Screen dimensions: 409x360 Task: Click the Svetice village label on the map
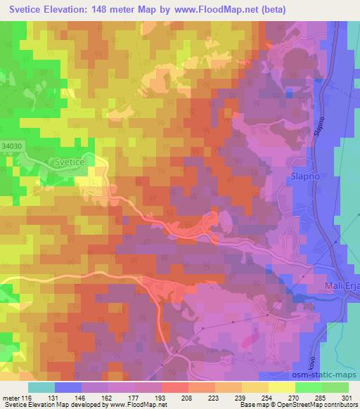point(68,162)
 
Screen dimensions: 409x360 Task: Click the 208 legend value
point(167,397)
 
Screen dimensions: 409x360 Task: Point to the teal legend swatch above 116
point(41,387)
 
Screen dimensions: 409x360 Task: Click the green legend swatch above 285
point(309,387)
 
